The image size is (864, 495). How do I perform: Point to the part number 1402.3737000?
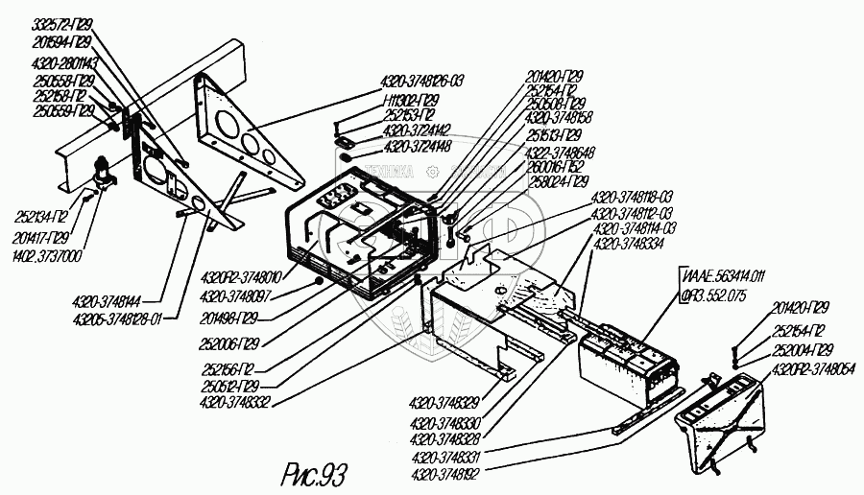point(47,256)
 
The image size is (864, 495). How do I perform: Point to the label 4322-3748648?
point(560,152)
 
